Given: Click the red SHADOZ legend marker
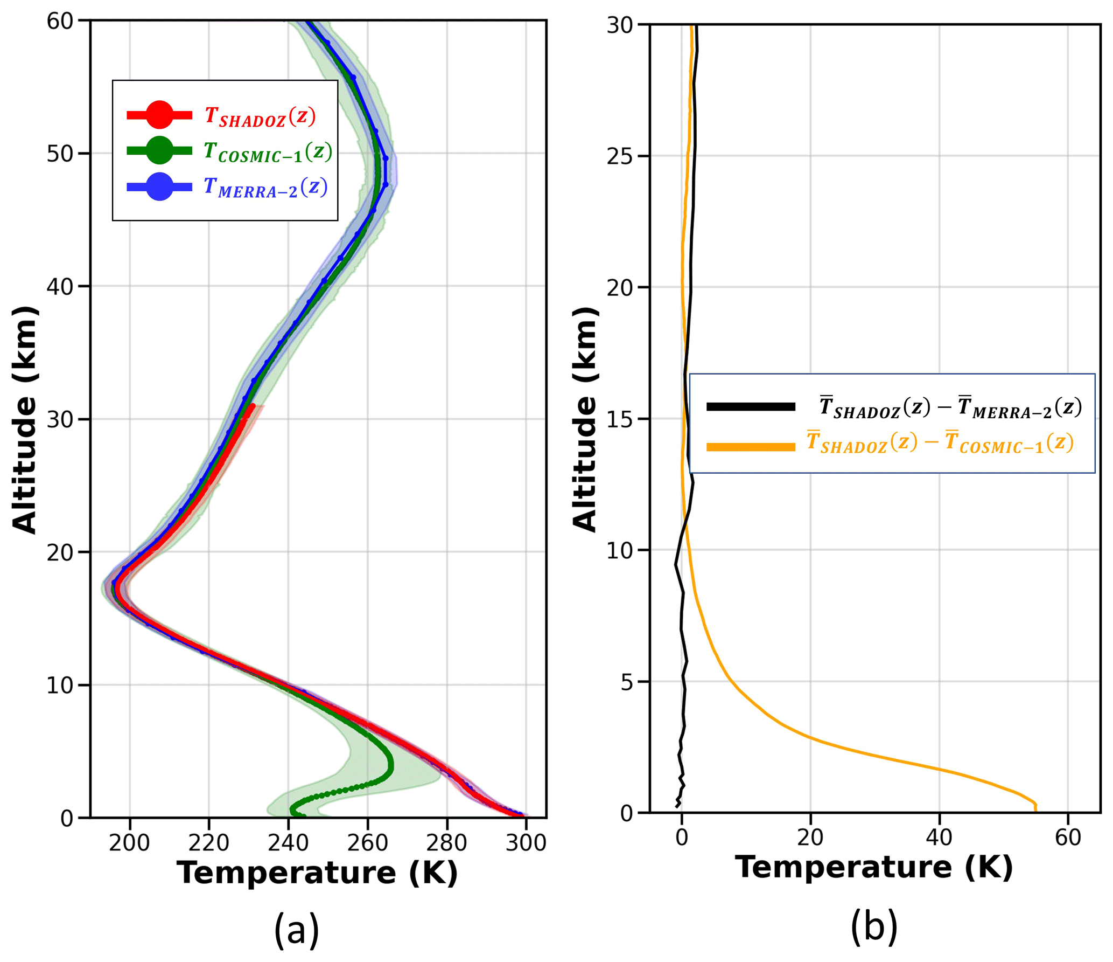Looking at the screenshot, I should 159,115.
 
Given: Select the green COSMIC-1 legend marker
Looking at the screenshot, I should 159,150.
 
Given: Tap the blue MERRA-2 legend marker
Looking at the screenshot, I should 159,186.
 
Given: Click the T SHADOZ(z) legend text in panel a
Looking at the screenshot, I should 260,116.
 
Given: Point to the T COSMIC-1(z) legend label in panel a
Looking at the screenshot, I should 268,152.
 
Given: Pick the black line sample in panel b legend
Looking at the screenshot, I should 751,407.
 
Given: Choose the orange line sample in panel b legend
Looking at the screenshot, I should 751,446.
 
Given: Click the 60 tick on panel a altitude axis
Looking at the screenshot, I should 60,22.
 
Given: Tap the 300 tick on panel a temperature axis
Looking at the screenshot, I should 526,842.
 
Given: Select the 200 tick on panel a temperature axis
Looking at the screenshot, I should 129,842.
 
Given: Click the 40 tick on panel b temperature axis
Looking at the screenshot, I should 939,838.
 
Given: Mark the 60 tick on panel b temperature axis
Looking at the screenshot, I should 1068,838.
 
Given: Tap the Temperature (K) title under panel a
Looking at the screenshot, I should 318,873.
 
